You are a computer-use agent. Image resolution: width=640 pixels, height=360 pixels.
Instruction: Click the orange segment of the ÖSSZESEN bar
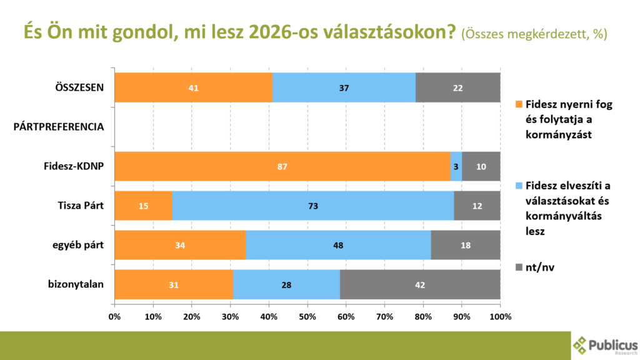click(194, 87)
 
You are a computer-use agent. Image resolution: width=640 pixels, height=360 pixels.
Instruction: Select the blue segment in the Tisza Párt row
click(312, 206)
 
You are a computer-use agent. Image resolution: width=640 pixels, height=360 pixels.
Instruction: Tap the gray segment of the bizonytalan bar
click(420, 284)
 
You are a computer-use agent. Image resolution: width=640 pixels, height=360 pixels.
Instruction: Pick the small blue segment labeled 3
click(456, 166)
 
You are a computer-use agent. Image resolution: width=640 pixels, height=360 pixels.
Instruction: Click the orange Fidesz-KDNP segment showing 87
click(282, 166)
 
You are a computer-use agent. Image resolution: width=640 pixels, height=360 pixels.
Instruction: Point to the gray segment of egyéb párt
click(466, 245)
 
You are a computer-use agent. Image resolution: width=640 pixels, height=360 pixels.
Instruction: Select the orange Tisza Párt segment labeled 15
click(143, 206)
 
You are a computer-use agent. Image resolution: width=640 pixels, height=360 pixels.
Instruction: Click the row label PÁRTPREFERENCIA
click(58, 127)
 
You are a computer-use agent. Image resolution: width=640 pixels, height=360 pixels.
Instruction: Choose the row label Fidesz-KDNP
click(72, 166)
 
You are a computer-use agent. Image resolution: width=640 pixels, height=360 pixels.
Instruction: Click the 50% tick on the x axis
click(307, 316)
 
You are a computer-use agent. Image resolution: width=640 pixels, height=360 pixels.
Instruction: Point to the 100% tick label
click(500, 316)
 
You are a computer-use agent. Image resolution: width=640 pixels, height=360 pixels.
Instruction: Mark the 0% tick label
click(115, 316)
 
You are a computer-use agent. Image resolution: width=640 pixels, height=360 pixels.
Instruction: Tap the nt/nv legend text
click(540, 267)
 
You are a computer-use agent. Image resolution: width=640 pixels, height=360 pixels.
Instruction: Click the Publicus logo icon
click(581, 345)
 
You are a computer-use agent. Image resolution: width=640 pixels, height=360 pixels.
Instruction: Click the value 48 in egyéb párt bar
click(338, 245)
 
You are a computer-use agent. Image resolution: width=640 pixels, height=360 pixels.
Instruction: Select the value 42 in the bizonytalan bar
click(420, 284)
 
